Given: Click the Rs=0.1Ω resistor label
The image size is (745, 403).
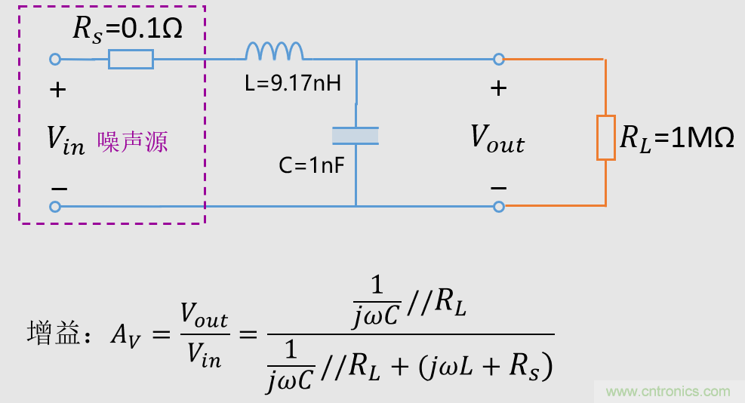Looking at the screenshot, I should click(127, 29).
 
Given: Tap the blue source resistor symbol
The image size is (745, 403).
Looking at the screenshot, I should click(131, 59).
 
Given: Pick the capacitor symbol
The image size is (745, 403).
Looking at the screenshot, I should click(356, 136).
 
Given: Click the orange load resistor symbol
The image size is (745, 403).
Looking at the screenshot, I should click(606, 137).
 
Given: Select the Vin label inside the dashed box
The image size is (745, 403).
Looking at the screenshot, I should click(66, 140).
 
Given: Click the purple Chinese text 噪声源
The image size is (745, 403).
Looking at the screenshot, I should click(132, 141).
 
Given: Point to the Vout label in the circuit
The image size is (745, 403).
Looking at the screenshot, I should click(497, 139).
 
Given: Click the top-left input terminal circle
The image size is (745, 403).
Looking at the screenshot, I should click(55, 59).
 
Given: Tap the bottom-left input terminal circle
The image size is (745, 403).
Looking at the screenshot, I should click(55, 206).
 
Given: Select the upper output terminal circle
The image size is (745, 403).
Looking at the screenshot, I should click(498, 59).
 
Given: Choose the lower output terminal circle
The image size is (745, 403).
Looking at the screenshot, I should click(498, 206).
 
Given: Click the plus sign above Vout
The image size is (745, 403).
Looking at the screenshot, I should click(498, 88).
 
